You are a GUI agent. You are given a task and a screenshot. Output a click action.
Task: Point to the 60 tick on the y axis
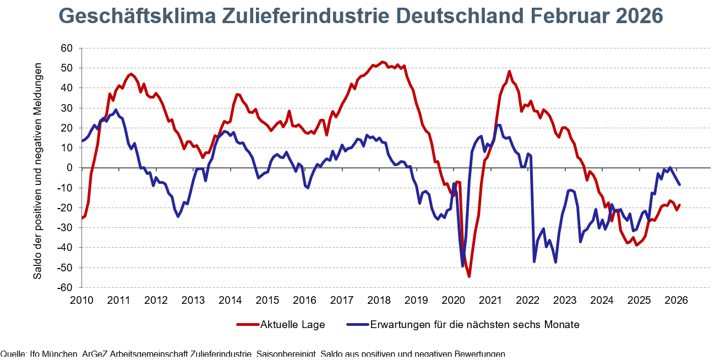(x=67, y=48)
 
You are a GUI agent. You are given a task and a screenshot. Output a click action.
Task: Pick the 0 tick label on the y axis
(x=70, y=167)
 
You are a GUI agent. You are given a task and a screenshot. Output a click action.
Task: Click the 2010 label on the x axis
(x=81, y=300)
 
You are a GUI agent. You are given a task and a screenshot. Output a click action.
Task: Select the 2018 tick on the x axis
(x=379, y=300)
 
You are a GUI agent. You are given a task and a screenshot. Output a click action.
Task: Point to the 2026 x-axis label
(x=676, y=300)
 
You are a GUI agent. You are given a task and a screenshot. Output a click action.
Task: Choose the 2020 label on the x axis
(x=453, y=300)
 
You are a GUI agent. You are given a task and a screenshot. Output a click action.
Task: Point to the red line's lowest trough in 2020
(x=469, y=276)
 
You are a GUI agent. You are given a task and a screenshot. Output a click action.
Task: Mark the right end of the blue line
(x=679, y=184)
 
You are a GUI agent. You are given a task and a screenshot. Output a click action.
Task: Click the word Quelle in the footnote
(x=11, y=354)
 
